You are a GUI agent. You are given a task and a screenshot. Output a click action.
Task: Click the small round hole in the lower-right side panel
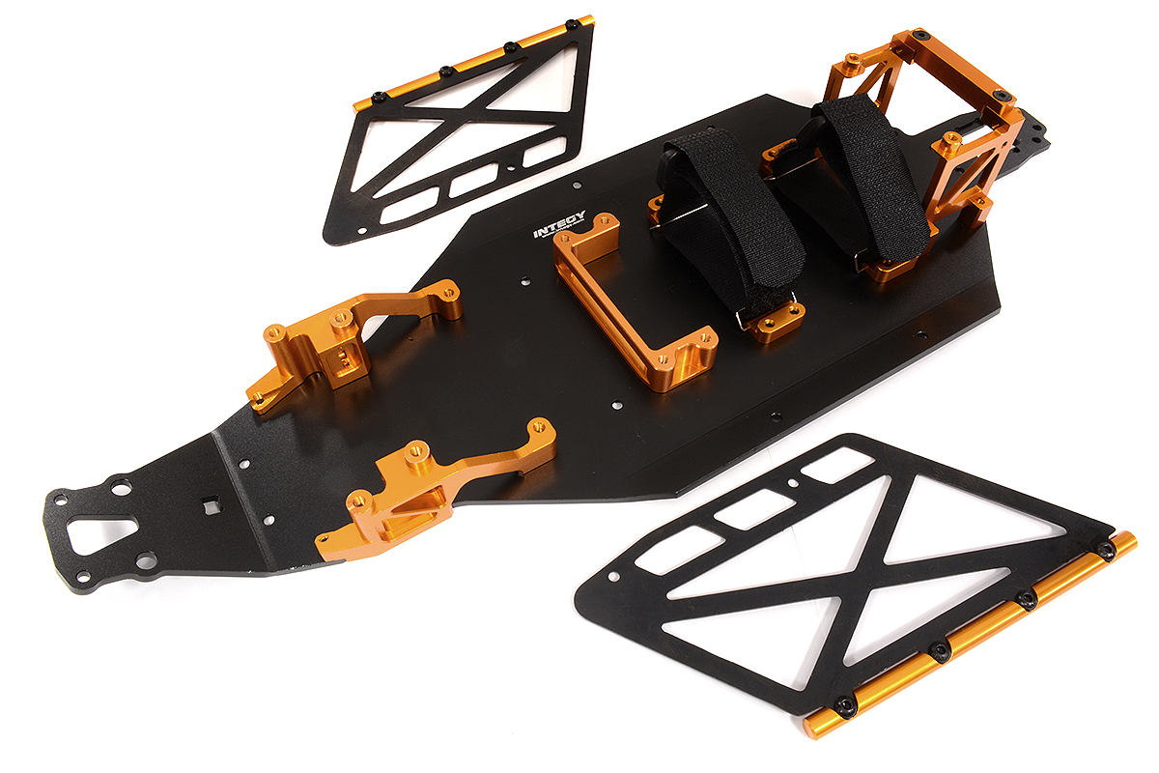pos(792,480)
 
